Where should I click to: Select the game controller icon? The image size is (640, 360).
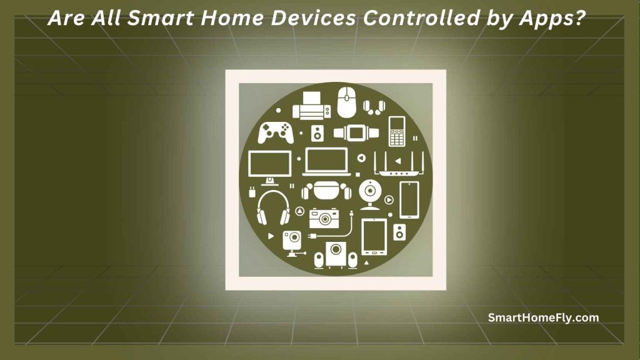pos(276,132)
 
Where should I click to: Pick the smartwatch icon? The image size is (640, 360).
pos(356,132)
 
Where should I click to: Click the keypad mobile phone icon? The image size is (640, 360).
pos(397,131)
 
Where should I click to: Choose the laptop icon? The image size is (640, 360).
pos(325,162)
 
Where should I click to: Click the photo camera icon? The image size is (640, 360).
pos(324,217)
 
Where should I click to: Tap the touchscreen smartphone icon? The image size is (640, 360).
pos(409,199)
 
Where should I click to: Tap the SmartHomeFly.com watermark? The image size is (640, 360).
pos(543,317)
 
